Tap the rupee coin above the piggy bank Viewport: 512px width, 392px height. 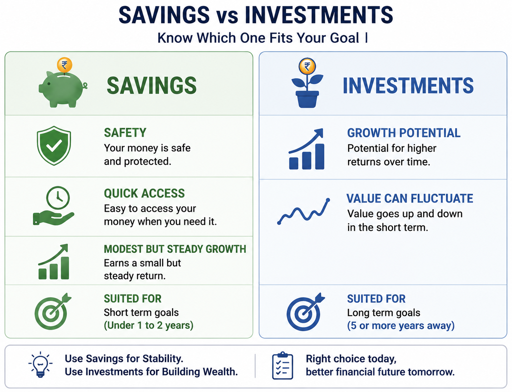pyautogui.click(x=64, y=65)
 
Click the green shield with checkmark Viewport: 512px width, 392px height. pyautogui.click(x=54, y=146)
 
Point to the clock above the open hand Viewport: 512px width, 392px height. pyautogui.click(x=58, y=198)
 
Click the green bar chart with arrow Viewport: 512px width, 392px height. pyautogui.click(x=54, y=261)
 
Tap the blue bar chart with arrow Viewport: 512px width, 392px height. pyautogui.click(x=307, y=149)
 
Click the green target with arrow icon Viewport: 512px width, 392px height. pyautogui.click(x=53, y=311)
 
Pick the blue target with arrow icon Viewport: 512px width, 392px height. pyautogui.click(x=305, y=312)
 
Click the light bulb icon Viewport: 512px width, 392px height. pyautogui.click(x=40, y=365)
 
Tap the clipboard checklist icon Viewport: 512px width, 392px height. pyautogui.click(x=283, y=366)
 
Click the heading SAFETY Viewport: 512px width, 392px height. pyautogui.click(x=125, y=132)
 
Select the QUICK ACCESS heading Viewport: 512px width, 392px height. pyautogui.click(x=144, y=193)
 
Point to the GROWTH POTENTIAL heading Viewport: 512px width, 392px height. pyautogui.click(x=404, y=133)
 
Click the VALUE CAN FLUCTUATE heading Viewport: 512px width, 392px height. pyautogui.click(x=410, y=198)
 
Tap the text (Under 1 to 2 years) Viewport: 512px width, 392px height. pyautogui.click(x=148, y=325)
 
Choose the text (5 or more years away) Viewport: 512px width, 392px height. pyautogui.click(x=401, y=326)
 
